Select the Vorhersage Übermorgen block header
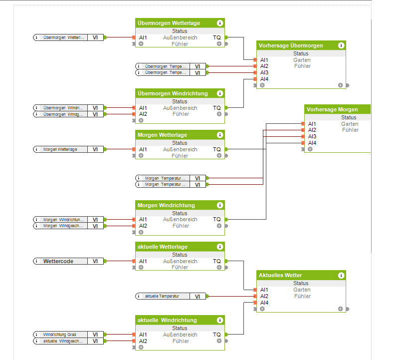tap(291, 45)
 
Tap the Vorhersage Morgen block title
tap(332, 109)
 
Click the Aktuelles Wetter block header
tap(280, 275)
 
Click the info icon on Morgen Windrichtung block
tap(219, 205)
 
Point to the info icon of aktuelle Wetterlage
tap(219, 247)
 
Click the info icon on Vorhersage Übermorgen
tap(341, 45)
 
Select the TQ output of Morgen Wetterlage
tap(217, 149)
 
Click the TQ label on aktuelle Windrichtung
tap(217, 335)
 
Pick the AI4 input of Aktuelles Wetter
tap(264, 303)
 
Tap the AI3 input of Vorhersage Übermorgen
tap(264, 72)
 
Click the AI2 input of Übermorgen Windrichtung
tap(143, 114)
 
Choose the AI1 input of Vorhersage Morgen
tap(312, 124)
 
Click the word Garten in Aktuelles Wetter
tap(302, 290)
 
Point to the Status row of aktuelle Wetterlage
tap(180, 255)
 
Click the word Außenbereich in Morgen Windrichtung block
tap(180, 219)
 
